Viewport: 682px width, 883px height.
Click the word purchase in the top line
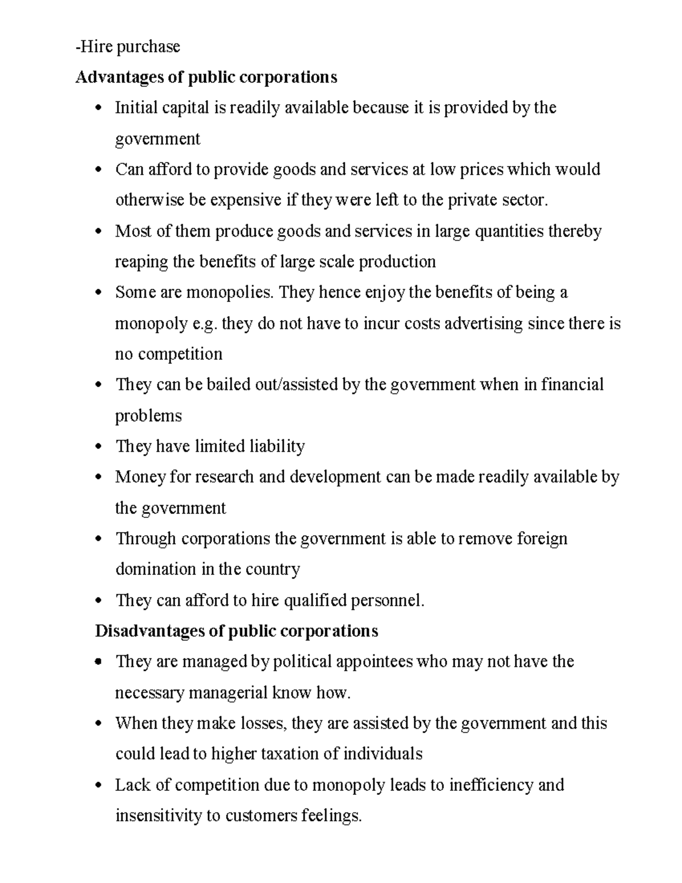[148, 47]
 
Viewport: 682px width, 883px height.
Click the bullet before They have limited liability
[99, 447]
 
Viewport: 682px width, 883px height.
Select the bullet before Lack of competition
[99, 786]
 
